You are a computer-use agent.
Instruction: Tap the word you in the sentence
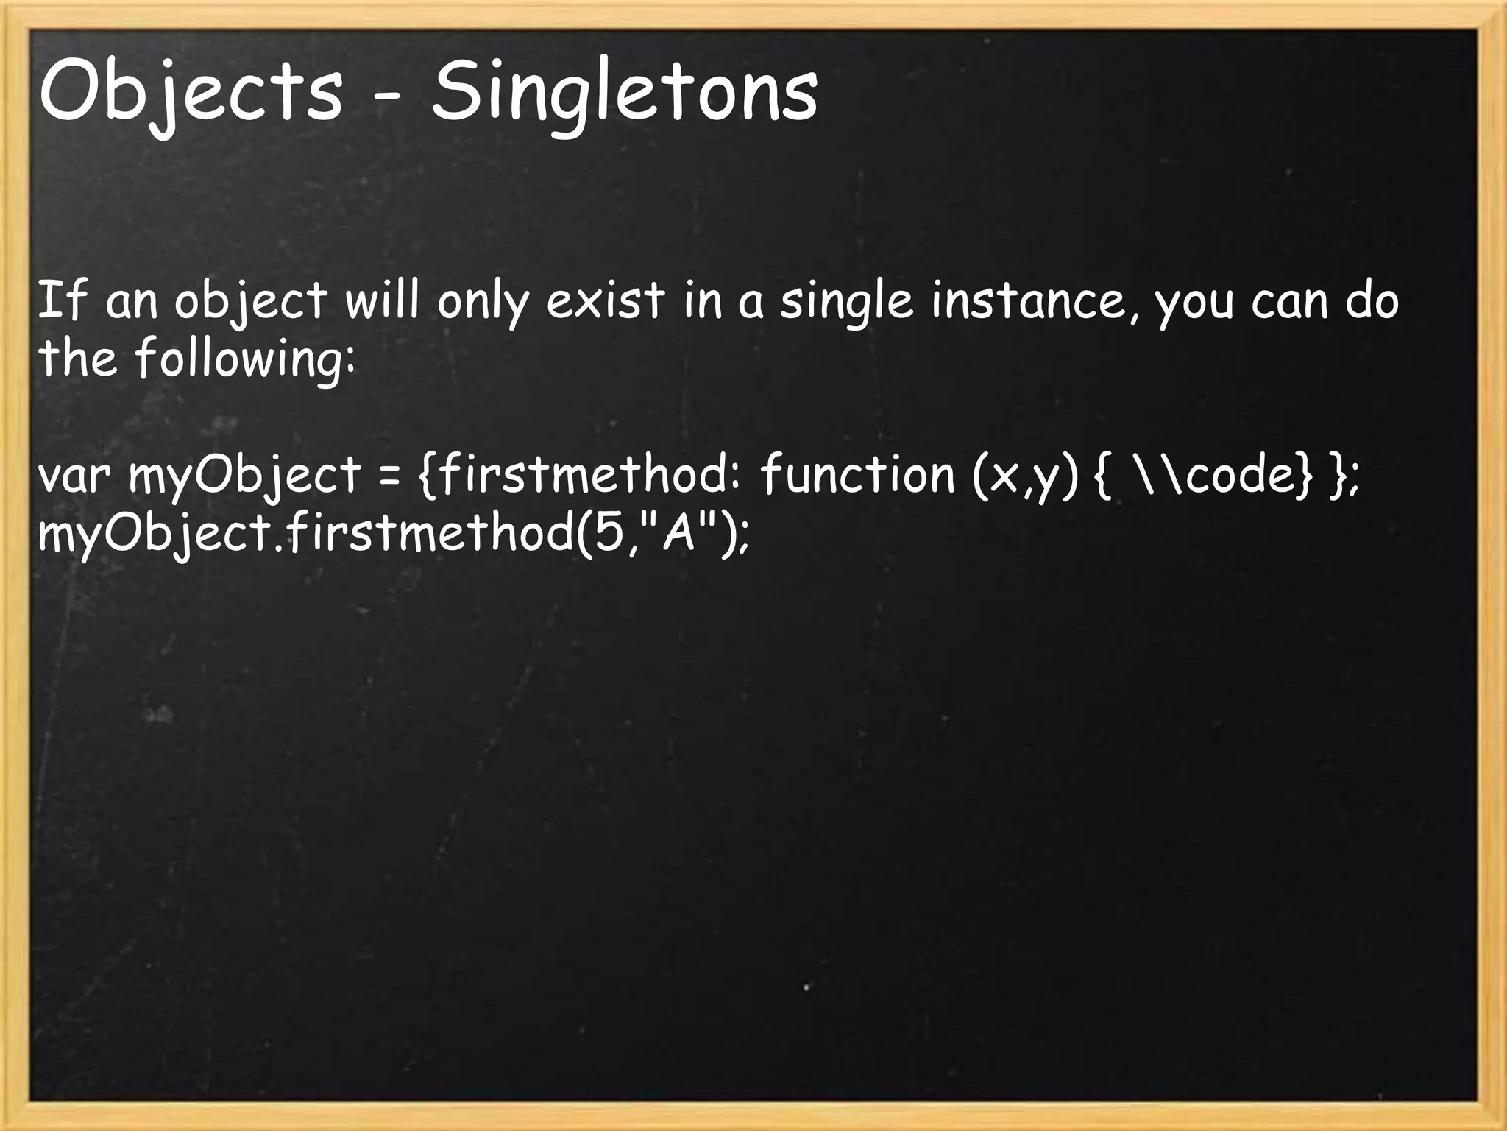tap(1194, 303)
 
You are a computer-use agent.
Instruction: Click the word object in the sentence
tap(250, 302)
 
